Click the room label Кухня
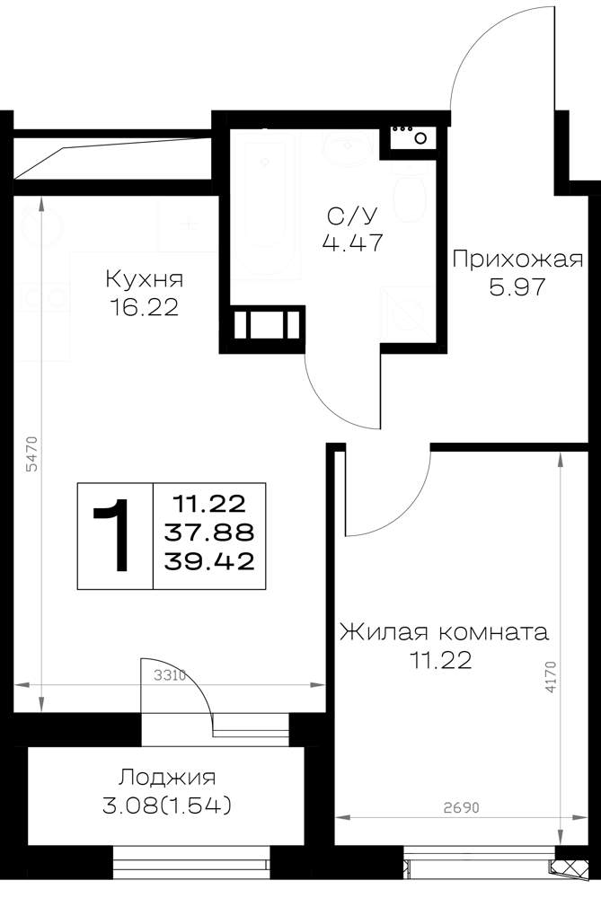click(144, 280)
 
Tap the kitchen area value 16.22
click(145, 308)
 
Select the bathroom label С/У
click(352, 216)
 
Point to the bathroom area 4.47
click(352, 243)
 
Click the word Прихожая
click(517, 260)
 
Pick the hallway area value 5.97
click(517, 286)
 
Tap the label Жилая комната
click(444, 632)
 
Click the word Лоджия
click(167, 778)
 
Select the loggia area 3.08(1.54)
click(167, 806)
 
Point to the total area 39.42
click(209, 561)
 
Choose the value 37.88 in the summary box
click(209, 533)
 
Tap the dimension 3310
click(170, 676)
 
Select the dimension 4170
click(551, 677)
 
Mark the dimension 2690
click(461, 807)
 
